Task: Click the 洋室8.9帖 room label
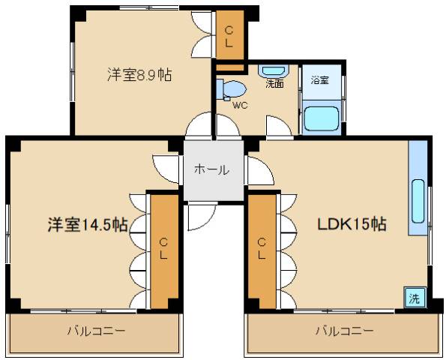139,75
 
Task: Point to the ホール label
212,169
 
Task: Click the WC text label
240,105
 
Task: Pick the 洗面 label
274,84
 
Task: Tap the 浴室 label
319,80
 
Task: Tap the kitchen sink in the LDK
418,202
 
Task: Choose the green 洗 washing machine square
414,296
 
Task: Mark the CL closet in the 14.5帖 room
162,249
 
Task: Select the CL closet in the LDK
262,249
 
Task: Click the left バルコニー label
96,330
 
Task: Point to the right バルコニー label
344,330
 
